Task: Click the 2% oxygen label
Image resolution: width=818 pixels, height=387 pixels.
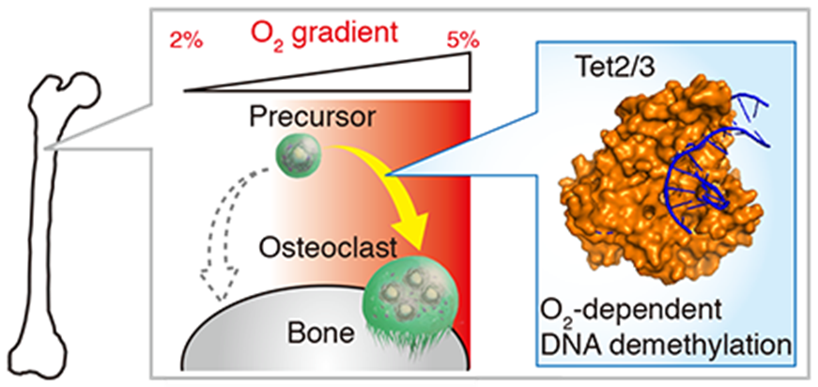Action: click(186, 41)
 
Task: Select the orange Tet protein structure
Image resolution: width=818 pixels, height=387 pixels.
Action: click(658, 178)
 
